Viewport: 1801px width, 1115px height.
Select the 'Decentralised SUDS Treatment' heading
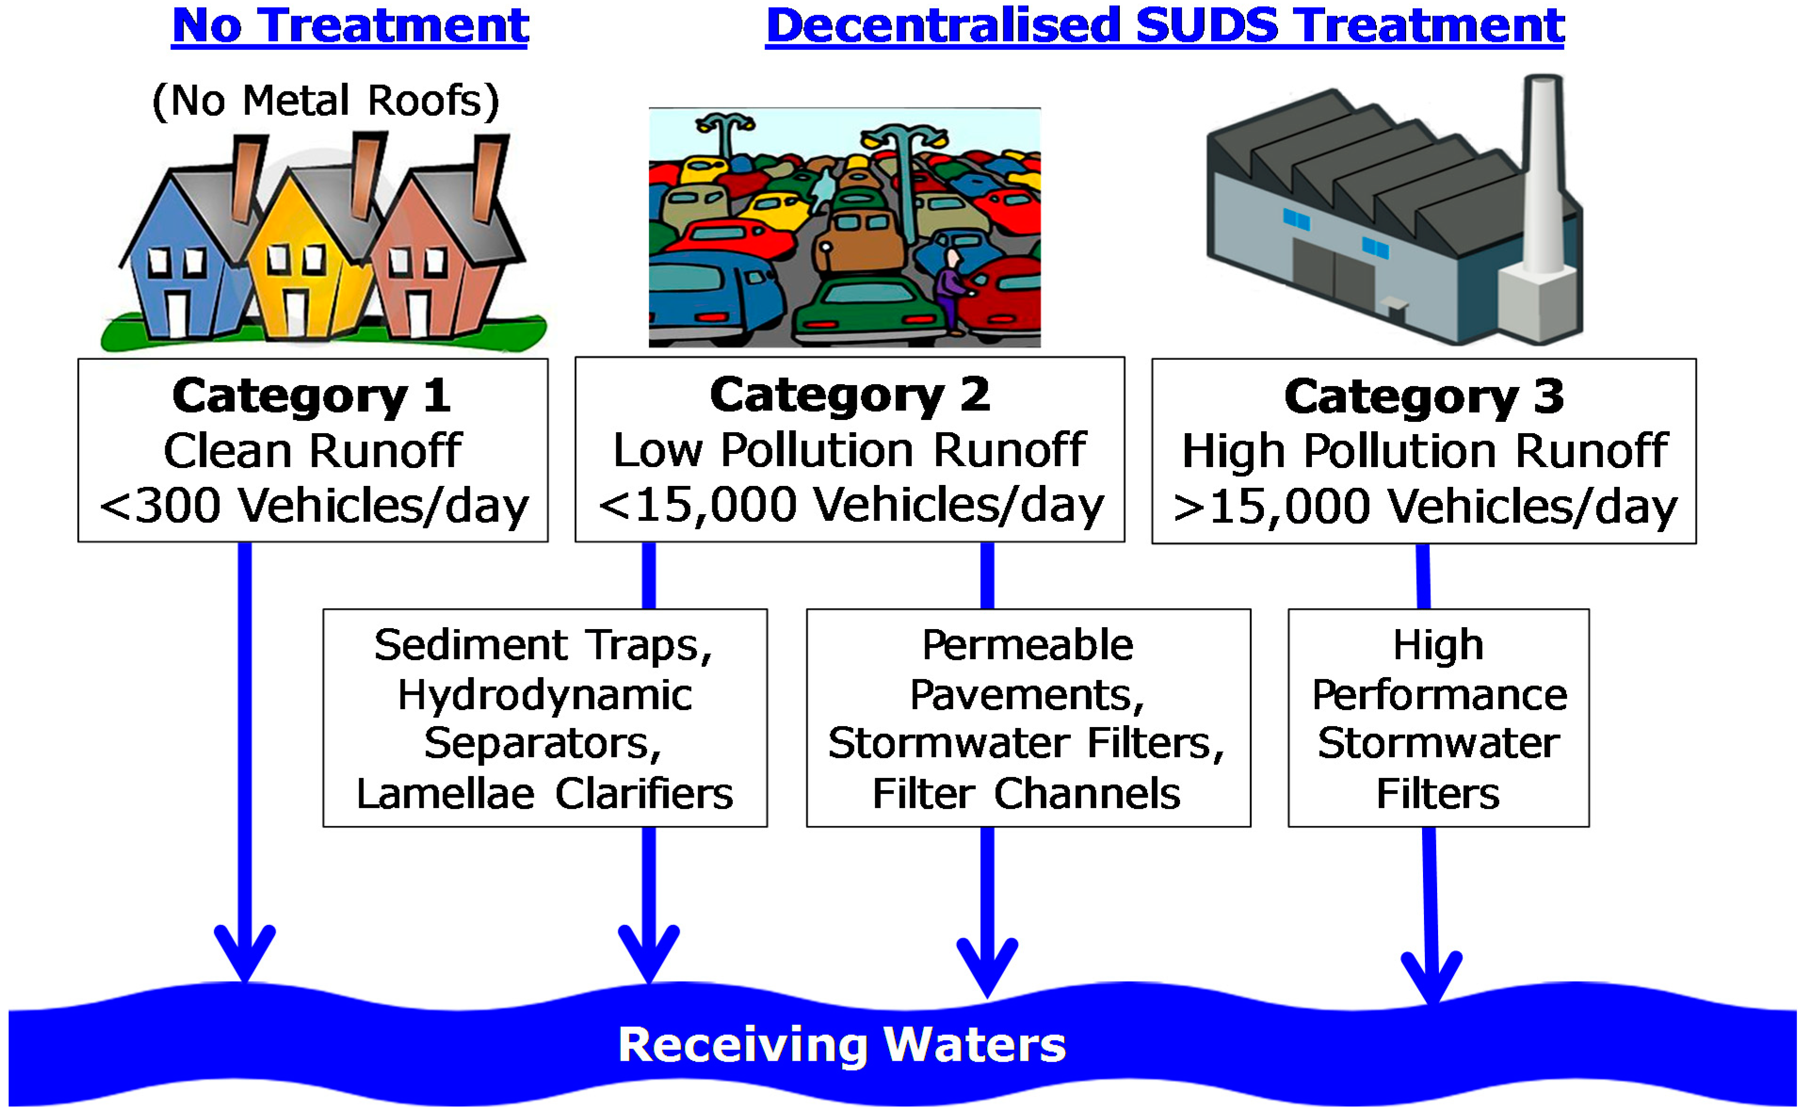[1164, 26]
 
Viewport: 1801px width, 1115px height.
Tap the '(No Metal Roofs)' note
[325, 101]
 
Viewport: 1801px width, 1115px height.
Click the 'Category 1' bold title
[311, 396]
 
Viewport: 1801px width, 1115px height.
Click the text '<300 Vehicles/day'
[314, 506]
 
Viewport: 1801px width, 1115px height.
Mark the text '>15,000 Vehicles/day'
[1425, 508]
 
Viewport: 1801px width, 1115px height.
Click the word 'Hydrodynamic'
[545, 695]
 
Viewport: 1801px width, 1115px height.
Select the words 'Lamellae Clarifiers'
[545, 793]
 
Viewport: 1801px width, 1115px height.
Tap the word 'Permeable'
[1028, 645]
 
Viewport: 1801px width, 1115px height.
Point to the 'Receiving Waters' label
[842, 1045]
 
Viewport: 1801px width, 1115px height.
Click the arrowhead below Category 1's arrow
[245, 955]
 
